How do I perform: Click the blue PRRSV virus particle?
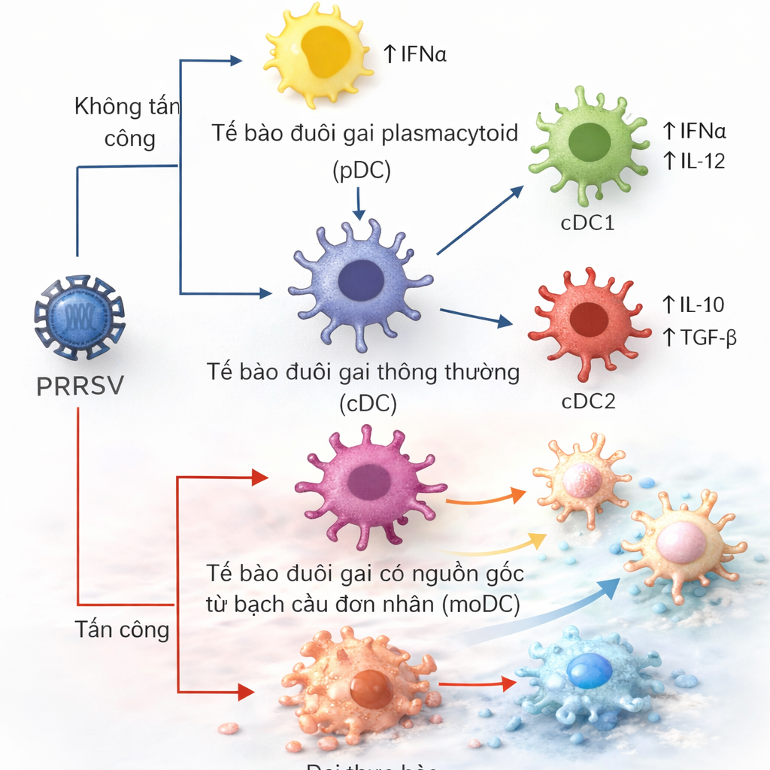pyautogui.click(x=79, y=317)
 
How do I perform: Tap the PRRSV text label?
pyautogui.click(x=80, y=386)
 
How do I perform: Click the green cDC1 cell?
pyautogui.click(x=589, y=144)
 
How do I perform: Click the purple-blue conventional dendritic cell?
pyautogui.click(x=360, y=281)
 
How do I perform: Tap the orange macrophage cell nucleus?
pyautogui.click(x=371, y=688)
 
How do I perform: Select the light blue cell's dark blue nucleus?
pyautogui.click(x=589, y=671)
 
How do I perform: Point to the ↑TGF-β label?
pyautogui.click(x=699, y=338)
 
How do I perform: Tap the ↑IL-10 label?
pyautogui.click(x=693, y=305)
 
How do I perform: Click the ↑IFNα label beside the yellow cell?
pyautogui.click(x=415, y=53)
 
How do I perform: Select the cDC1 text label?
pyautogui.click(x=588, y=223)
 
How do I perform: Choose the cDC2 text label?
pyautogui.click(x=588, y=401)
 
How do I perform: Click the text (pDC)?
pyautogui.click(x=362, y=171)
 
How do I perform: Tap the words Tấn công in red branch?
pyautogui.click(x=122, y=629)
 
